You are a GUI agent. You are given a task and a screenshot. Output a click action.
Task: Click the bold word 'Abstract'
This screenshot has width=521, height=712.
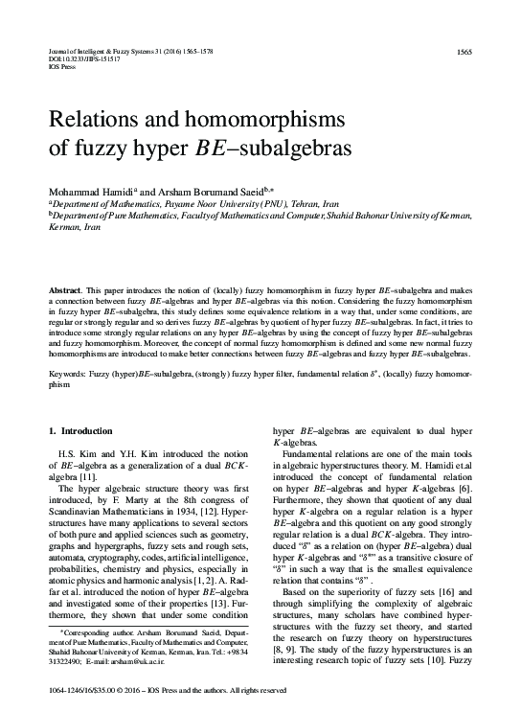(x=65, y=288)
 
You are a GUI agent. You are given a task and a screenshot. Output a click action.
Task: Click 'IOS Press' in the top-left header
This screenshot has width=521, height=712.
(x=60, y=67)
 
